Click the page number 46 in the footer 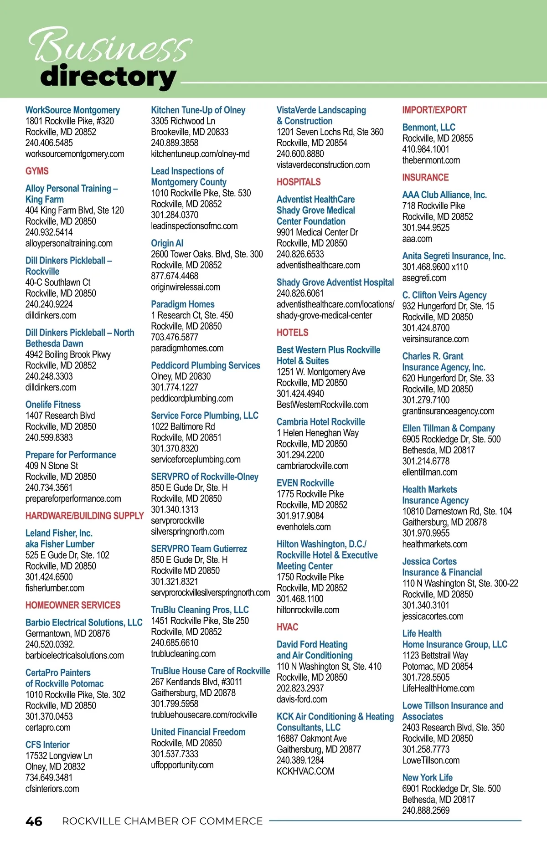[34, 821]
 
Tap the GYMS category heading [37, 171]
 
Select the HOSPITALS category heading [299, 182]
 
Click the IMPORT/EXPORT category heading [434, 110]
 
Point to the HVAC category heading [287, 627]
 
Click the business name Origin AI [167, 243]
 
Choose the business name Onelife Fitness [53, 405]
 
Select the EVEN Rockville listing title [305, 483]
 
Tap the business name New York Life [427, 778]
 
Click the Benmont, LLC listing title [428, 128]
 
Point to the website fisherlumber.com [55, 588]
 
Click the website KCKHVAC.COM [305, 771]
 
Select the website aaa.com [417, 239]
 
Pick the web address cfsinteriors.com [52, 789]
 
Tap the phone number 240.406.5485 [49, 143]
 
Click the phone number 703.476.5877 [175, 337]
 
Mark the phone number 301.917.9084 [300, 516]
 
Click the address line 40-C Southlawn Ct [58, 282]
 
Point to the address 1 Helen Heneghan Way [317, 433]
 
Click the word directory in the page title [108, 77]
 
